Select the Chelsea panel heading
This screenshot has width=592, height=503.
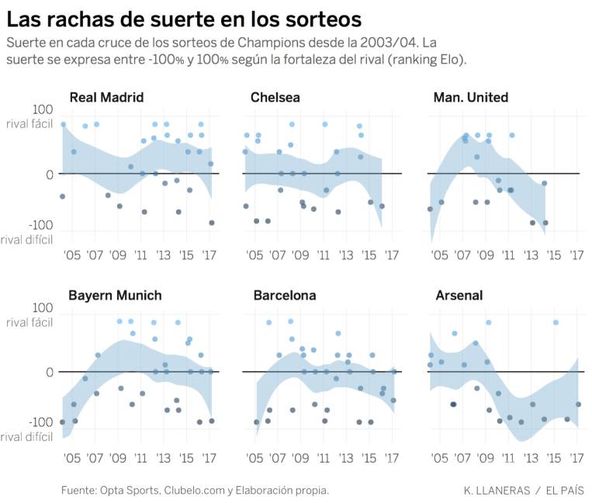point(275,97)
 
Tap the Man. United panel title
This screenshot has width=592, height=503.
point(471,97)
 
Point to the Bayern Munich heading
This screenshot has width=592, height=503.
point(115,296)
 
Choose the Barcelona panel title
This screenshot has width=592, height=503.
point(284,296)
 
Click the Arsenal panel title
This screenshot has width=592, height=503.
point(459,296)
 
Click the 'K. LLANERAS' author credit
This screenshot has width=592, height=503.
point(497,490)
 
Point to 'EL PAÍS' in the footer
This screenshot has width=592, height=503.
point(565,490)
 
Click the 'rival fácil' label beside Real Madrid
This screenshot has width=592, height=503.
point(29,124)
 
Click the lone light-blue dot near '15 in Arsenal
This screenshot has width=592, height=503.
point(556,322)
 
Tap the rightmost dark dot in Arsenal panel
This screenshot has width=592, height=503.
point(578,404)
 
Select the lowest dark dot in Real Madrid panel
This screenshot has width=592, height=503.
point(212,223)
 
